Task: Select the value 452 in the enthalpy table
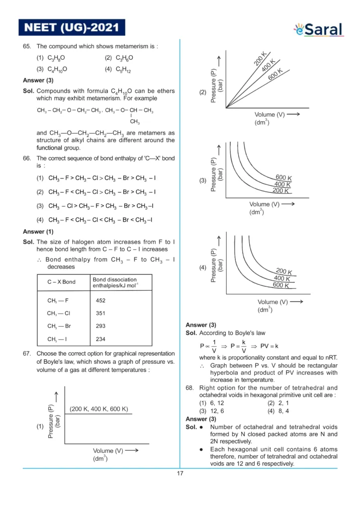click(101, 300)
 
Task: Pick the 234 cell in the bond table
click(101, 339)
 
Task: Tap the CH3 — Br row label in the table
click(59, 327)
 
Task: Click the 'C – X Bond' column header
click(62, 282)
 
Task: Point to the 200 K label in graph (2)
click(261, 59)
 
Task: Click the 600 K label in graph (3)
click(284, 178)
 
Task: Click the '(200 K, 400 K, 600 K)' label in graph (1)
click(99, 409)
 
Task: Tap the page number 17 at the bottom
click(180, 473)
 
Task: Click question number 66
click(27, 158)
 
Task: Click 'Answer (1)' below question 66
click(38, 231)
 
